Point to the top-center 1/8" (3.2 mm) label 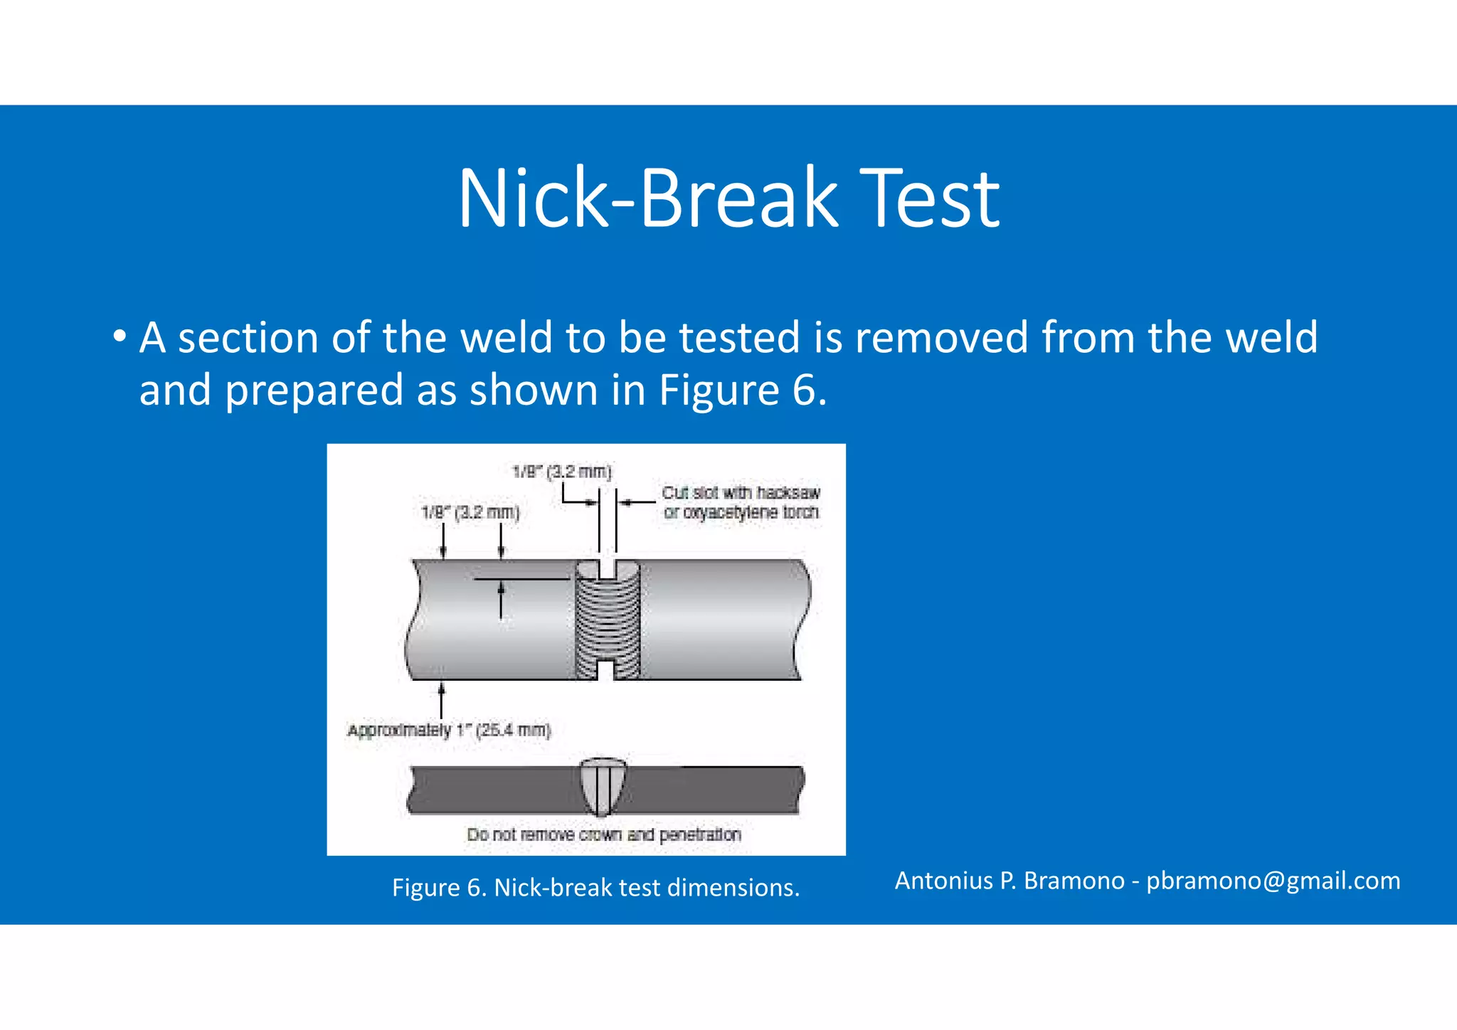pos(562,472)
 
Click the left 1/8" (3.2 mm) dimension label pos(470,512)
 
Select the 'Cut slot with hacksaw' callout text pos(741,493)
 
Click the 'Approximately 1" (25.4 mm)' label pos(449,731)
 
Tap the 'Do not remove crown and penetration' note pos(603,834)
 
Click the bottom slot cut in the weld pos(606,670)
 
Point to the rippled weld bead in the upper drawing pos(607,619)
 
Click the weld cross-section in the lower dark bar pos(603,787)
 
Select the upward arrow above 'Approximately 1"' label pos(442,700)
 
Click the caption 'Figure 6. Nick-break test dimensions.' pos(595,888)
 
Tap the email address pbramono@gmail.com pos(1273,881)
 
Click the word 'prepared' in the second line pos(314,391)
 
